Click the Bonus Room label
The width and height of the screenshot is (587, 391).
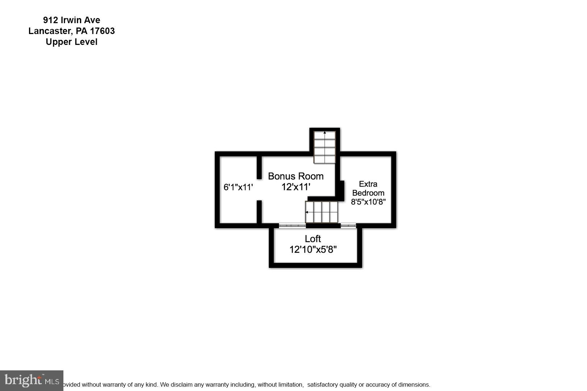point(296,176)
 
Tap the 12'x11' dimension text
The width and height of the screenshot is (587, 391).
point(296,187)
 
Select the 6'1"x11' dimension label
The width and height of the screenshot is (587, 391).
point(238,187)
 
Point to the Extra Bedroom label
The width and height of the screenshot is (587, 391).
point(368,188)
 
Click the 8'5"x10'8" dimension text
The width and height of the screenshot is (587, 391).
point(368,202)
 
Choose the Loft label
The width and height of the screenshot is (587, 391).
point(313,239)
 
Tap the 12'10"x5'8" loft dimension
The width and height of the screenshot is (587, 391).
point(313,249)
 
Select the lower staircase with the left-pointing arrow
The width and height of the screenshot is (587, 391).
point(321,212)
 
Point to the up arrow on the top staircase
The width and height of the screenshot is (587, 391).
point(325,133)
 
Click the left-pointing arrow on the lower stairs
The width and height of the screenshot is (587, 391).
point(307,212)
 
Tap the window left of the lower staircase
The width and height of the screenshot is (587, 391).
point(292,226)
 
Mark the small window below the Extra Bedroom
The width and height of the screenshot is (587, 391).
point(348,226)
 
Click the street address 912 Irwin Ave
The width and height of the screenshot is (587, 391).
point(71,20)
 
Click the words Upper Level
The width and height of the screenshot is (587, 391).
point(71,42)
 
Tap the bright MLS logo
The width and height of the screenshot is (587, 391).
point(32,381)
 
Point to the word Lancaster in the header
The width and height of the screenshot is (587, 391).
point(50,31)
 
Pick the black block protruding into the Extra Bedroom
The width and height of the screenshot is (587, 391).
point(341,190)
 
